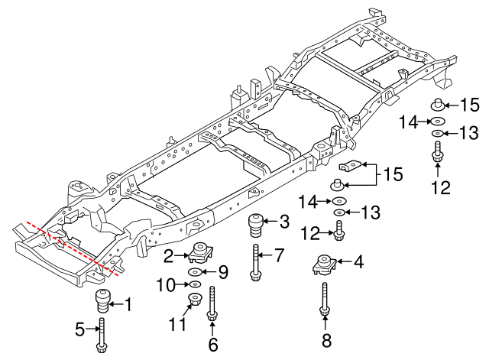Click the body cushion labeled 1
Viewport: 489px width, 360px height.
[102, 300]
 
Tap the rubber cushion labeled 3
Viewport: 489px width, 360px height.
[254, 226]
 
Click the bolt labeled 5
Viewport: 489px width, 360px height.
[102, 336]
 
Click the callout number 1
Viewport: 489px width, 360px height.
[128, 306]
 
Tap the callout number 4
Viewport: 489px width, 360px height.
[358, 262]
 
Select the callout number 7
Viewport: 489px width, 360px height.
[280, 253]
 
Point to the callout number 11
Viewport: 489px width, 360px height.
[177, 325]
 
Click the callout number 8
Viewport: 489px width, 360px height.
[325, 341]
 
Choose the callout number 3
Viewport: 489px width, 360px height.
[284, 222]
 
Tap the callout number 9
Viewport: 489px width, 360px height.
[223, 271]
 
